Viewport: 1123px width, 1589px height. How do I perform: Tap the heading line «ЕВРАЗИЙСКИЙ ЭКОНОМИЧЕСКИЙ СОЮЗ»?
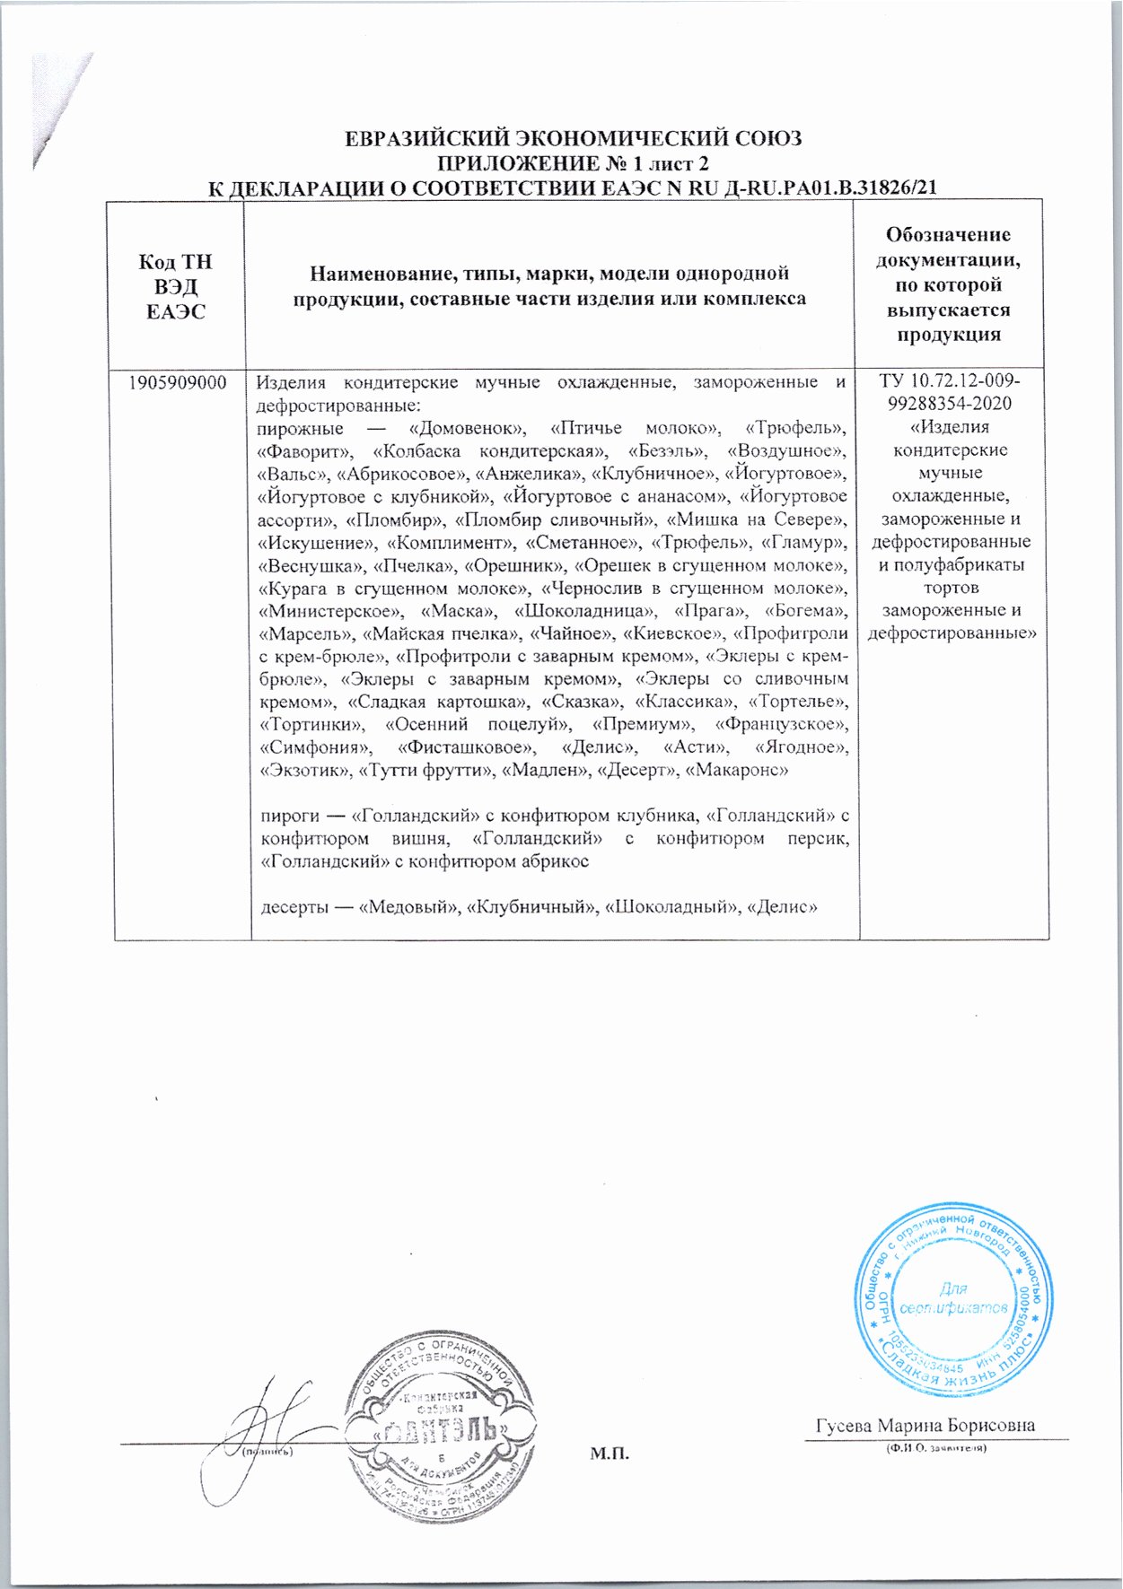tap(574, 139)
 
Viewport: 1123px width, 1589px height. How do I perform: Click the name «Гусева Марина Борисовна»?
tap(926, 1426)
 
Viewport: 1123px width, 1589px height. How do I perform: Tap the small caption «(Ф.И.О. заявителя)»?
tap(935, 1449)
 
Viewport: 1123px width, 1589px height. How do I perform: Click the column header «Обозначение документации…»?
tap(953, 284)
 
